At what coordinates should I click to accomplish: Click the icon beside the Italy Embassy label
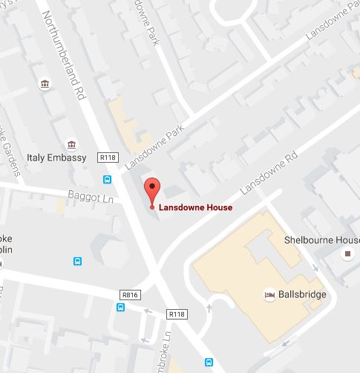71,145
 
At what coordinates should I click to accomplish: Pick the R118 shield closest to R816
176,314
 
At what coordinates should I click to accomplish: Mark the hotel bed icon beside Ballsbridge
269,295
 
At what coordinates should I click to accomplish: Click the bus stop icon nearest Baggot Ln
107,179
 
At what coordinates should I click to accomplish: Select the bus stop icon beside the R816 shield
120,308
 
